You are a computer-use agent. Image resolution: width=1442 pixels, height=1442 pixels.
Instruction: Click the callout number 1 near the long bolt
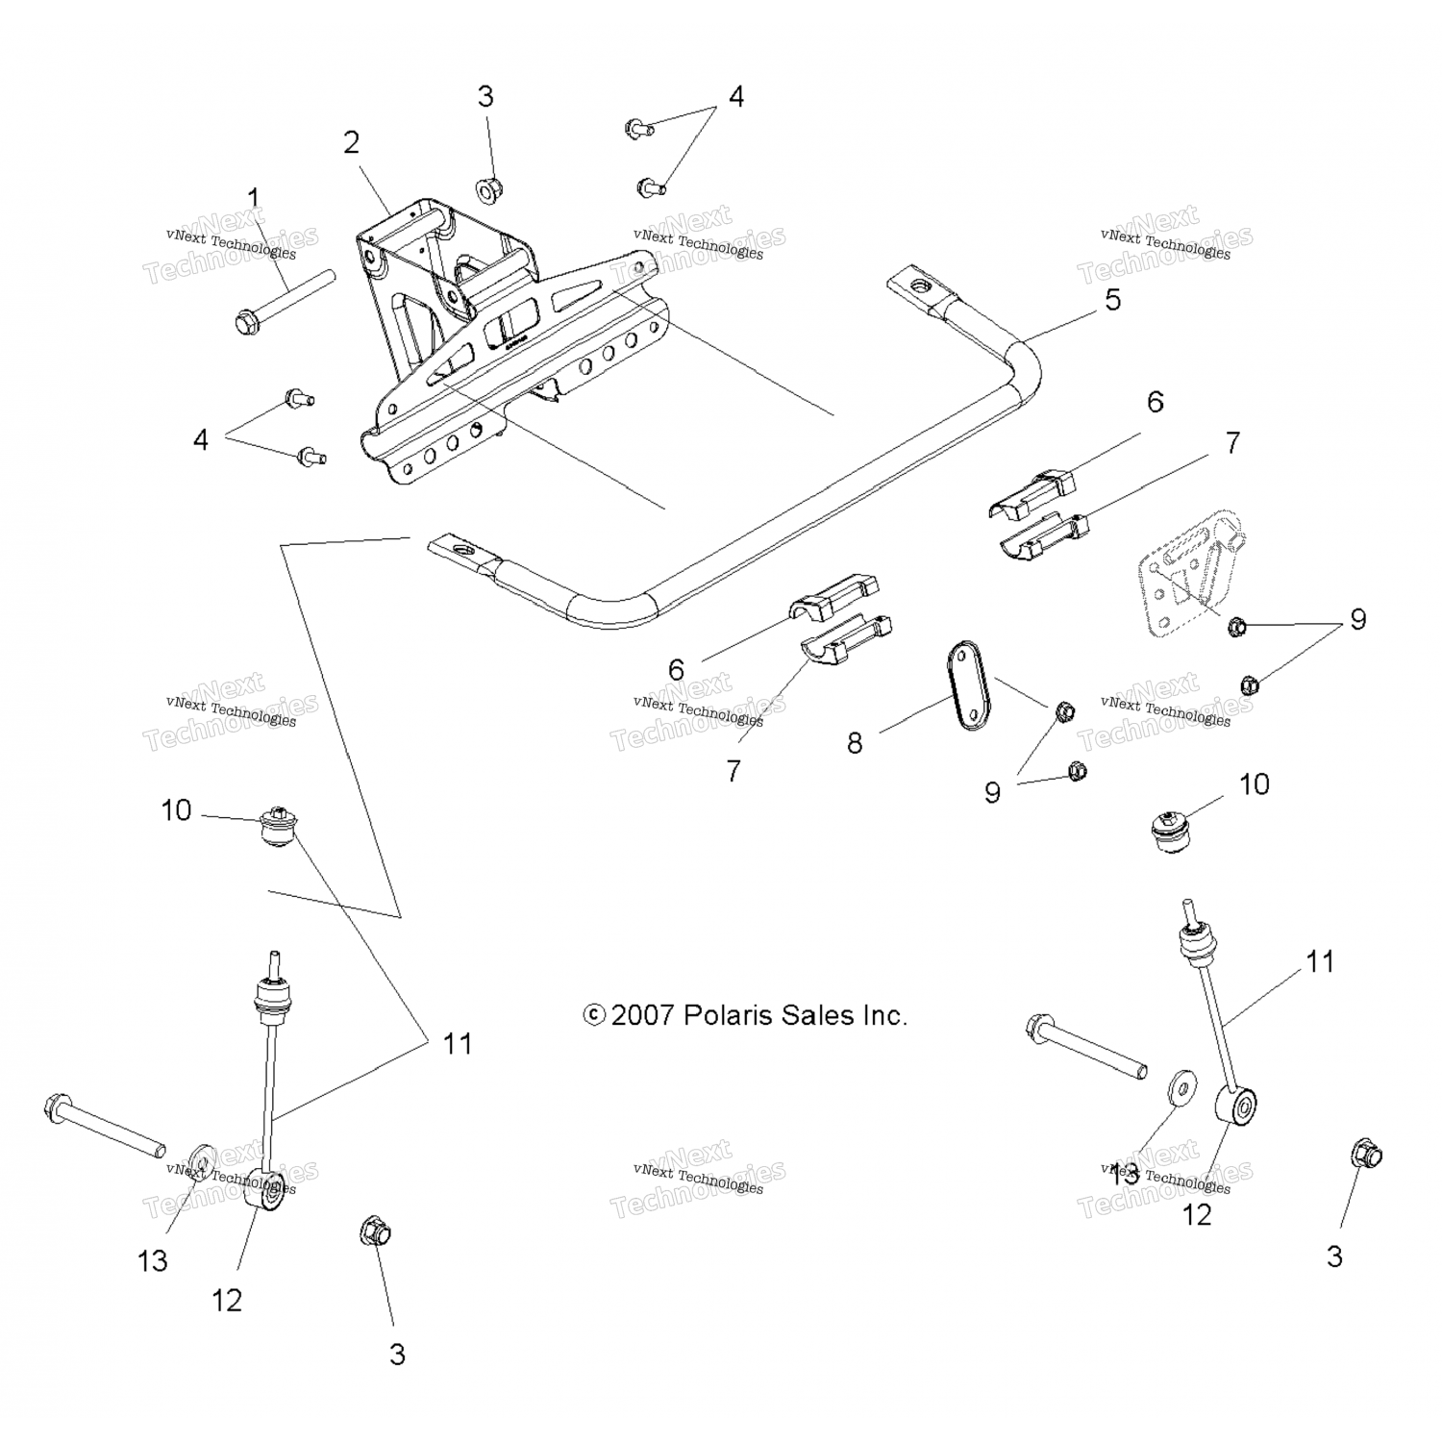(254, 199)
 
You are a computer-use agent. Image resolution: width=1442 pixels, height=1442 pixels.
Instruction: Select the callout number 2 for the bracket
(352, 142)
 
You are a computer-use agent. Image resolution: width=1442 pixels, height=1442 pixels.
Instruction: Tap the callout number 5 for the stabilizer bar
(1112, 300)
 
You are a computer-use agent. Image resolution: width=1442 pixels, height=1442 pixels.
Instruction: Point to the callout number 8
(855, 742)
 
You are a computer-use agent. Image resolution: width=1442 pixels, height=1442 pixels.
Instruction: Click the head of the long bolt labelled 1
(247, 321)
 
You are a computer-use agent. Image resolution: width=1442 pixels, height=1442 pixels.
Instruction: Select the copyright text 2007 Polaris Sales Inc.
(746, 1015)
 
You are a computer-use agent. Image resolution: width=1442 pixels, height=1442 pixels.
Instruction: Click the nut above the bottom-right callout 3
(1365, 1153)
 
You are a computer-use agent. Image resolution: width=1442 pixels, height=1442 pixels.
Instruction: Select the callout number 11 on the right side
(1320, 960)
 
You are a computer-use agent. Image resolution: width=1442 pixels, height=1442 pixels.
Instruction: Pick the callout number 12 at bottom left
(227, 1301)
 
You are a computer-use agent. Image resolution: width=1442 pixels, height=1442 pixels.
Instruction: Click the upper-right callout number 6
(1155, 402)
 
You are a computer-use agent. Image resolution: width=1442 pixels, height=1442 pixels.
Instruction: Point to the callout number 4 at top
(735, 97)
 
